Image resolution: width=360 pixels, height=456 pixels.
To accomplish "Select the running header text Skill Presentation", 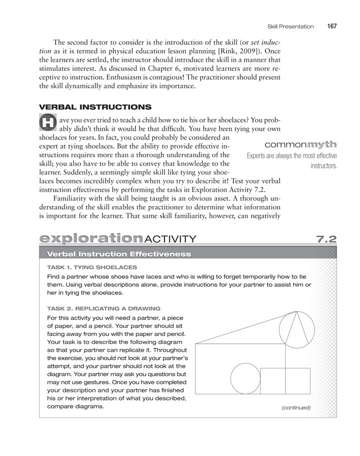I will click(x=290, y=26).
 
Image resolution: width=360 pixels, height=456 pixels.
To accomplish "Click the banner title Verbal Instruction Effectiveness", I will click(x=119, y=253).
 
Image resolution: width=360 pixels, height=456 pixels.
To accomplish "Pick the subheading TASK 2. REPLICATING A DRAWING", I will click(x=103, y=308).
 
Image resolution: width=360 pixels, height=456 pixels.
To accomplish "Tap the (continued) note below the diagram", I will click(x=295, y=408).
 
